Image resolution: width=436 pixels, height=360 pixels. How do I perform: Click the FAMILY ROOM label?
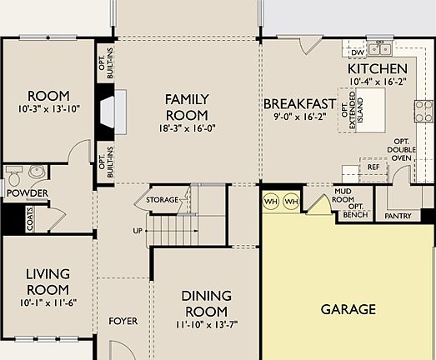click(186, 107)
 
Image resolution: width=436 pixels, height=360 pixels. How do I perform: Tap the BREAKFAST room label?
click(299, 104)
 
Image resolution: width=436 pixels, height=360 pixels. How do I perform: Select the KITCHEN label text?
click(377, 68)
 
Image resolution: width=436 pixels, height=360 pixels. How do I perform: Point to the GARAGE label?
click(348, 309)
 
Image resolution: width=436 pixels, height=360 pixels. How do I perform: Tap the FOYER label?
click(123, 321)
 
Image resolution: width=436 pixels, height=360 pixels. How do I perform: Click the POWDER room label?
click(27, 193)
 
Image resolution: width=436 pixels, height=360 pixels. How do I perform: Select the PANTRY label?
click(398, 216)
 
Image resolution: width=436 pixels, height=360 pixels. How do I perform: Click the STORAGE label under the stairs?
click(162, 201)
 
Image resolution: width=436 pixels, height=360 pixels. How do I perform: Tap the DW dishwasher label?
click(348, 52)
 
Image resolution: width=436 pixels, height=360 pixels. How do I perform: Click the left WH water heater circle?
click(271, 202)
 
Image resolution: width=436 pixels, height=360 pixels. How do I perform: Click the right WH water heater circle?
click(291, 202)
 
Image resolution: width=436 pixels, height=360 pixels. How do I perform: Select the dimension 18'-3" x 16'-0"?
click(186, 129)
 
